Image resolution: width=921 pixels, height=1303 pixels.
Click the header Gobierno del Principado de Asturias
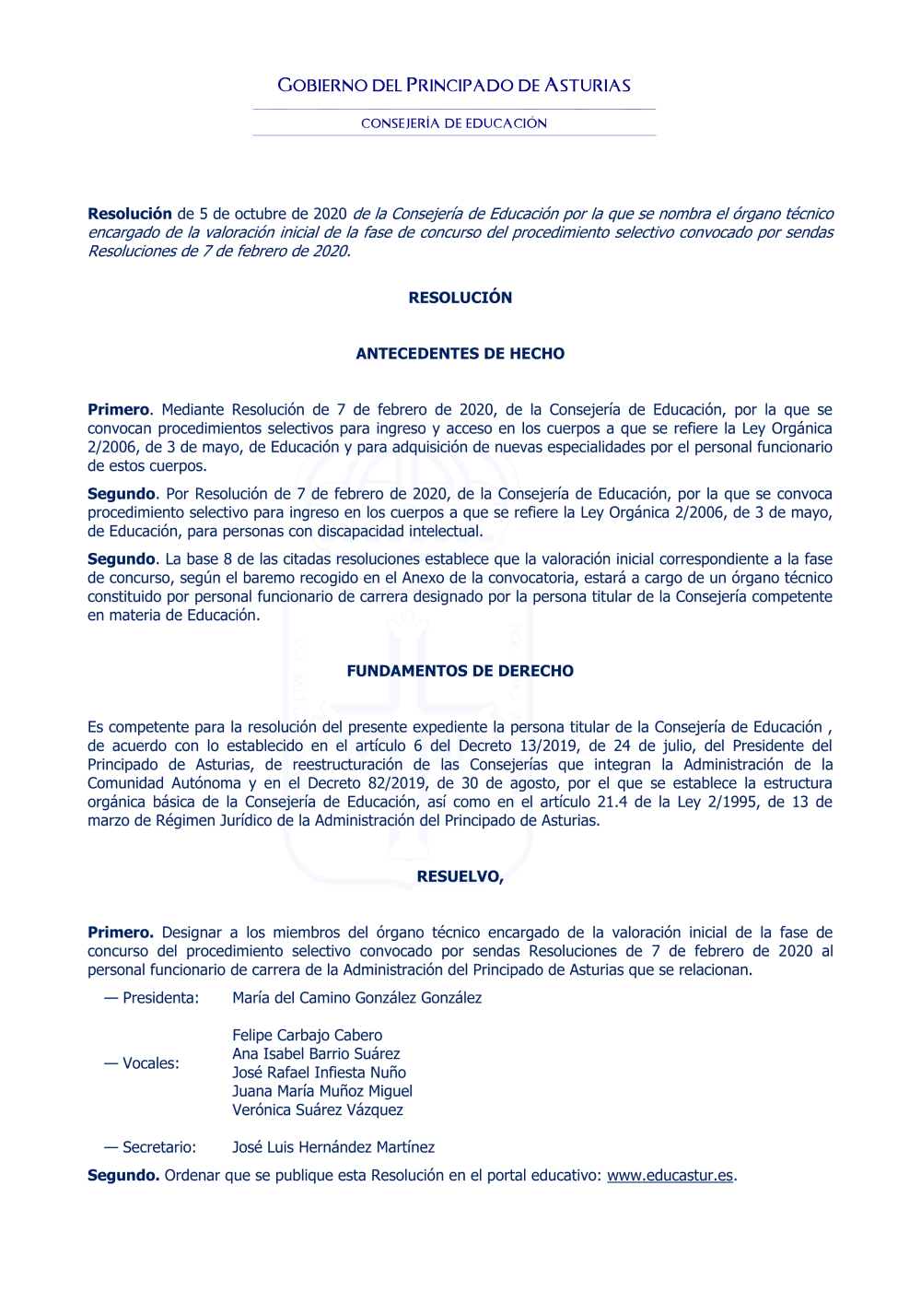pyautogui.click(x=454, y=86)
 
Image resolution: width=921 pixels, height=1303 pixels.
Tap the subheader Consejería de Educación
pyautogui.click(x=454, y=123)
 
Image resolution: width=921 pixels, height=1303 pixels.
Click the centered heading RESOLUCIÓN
pyautogui.click(x=460, y=298)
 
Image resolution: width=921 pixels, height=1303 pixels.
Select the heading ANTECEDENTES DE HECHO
pyautogui.click(x=460, y=354)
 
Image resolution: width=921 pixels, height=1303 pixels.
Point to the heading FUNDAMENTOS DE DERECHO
pyautogui.click(x=460, y=671)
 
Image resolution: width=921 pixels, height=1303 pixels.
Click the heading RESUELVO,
pyautogui.click(x=460, y=876)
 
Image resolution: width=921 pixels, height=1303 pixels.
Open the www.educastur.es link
pyautogui.click(x=670, y=1175)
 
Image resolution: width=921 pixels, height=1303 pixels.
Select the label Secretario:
pyautogui.click(x=159, y=1147)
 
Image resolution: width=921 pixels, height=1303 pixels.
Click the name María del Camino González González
pyautogui.click(x=357, y=998)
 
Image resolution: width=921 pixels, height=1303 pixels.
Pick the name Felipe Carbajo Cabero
pyautogui.click(x=308, y=1036)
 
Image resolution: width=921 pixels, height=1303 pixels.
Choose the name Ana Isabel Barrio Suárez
pyautogui.click(x=316, y=1054)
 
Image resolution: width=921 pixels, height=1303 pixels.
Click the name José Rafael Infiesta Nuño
pyautogui.click(x=320, y=1073)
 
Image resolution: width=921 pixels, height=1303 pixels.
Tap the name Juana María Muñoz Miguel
pyautogui.click(x=322, y=1091)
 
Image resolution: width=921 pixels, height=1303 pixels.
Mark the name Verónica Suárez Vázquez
pyautogui.click(x=318, y=1110)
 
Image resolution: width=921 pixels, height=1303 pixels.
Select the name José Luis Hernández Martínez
pyautogui.click(x=333, y=1147)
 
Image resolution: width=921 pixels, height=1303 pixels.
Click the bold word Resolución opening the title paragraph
pyautogui.click(x=130, y=214)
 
